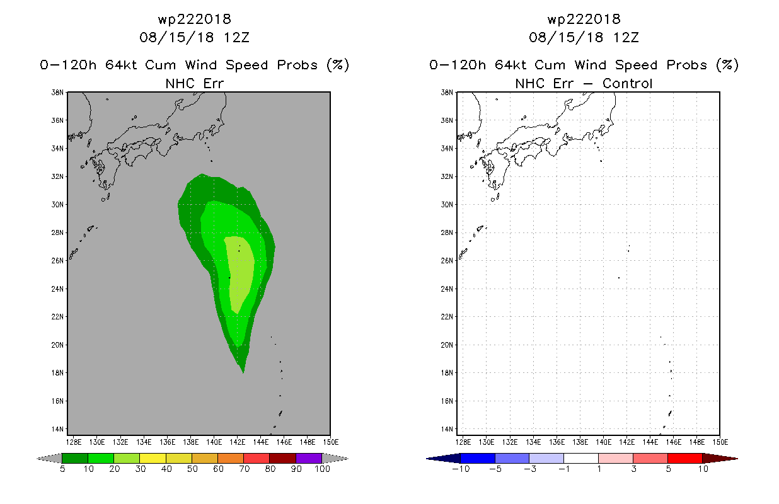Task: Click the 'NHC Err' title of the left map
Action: click(194, 83)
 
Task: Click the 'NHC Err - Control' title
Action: click(584, 83)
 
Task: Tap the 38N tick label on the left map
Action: click(57, 93)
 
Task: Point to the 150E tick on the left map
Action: click(330, 442)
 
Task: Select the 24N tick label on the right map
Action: click(447, 289)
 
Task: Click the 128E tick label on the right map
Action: click(463, 442)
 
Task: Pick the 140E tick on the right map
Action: click(604, 442)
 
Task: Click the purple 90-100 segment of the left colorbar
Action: click(309, 458)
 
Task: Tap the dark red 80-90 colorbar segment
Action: click(282, 458)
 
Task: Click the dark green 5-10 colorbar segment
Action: click(75, 458)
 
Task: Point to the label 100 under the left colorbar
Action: click(322, 469)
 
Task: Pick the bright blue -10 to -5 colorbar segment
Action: click(478, 458)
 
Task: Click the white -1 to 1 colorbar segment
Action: click(581, 458)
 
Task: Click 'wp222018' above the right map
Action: click(584, 19)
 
